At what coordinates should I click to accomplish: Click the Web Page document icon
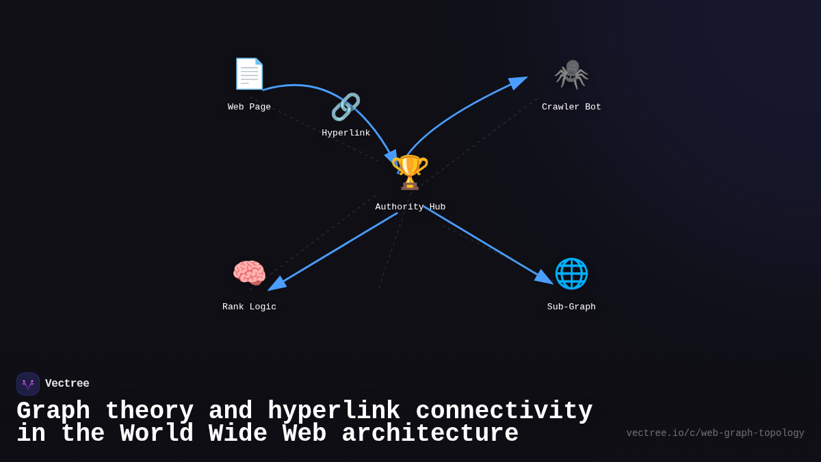click(x=249, y=74)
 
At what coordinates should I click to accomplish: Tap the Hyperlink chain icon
click(x=346, y=107)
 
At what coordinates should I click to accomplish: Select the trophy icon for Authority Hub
click(x=410, y=172)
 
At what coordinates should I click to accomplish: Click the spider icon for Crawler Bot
click(x=571, y=74)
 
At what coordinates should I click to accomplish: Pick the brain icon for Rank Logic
click(x=249, y=273)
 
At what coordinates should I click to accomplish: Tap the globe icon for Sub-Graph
click(x=571, y=273)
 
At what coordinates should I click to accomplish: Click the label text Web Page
click(x=249, y=107)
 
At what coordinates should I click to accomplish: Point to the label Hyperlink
click(x=346, y=133)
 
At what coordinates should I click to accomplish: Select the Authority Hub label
click(x=410, y=207)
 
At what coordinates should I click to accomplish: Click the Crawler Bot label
click(x=571, y=107)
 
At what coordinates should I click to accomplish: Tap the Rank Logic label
click(x=249, y=307)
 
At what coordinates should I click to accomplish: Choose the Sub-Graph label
click(x=571, y=307)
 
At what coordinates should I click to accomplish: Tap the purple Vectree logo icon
click(x=28, y=384)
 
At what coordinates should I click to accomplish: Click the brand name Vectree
click(x=67, y=384)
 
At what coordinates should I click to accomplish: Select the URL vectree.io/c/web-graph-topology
click(x=715, y=433)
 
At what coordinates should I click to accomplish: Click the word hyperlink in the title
click(x=333, y=411)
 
